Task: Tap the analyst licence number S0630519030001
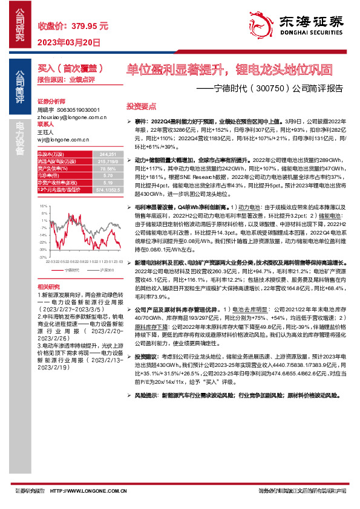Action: pyautogui.click(x=78, y=110)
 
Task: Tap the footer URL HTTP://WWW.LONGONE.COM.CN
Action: pyautogui.click(x=94, y=492)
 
